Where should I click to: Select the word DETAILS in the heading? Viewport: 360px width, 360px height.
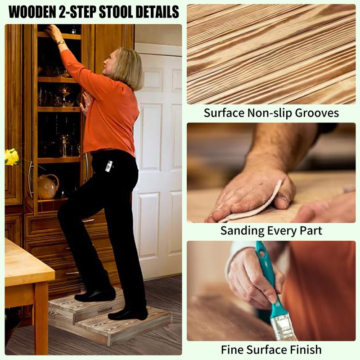pos(158,12)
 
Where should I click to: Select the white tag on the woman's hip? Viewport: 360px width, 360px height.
pos(108,166)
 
